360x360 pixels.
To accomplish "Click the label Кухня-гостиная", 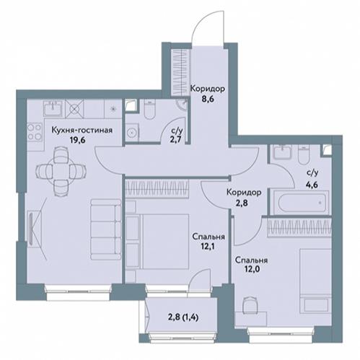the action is click(82, 130).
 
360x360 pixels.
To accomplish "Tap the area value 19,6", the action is click(77, 140).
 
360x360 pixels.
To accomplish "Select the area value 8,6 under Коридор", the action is click(208, 99).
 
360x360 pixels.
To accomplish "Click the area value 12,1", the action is click(208, 247).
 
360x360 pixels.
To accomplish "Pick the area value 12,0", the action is click(251, 269).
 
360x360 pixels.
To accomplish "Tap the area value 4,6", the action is click(312, 185).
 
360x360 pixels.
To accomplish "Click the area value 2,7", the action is click(177, 140).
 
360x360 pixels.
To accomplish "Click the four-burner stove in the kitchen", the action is click(35, 132).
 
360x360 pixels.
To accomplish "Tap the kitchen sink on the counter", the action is click(54, 108).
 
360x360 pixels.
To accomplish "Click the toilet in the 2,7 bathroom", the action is click(149, 110).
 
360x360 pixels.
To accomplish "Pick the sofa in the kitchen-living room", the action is click(106, 229).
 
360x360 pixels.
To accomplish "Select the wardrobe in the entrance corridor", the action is click(180, 72).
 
